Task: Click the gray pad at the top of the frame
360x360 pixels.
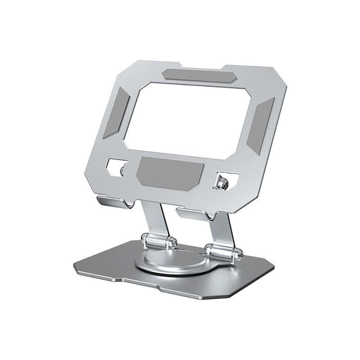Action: [196, 75]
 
